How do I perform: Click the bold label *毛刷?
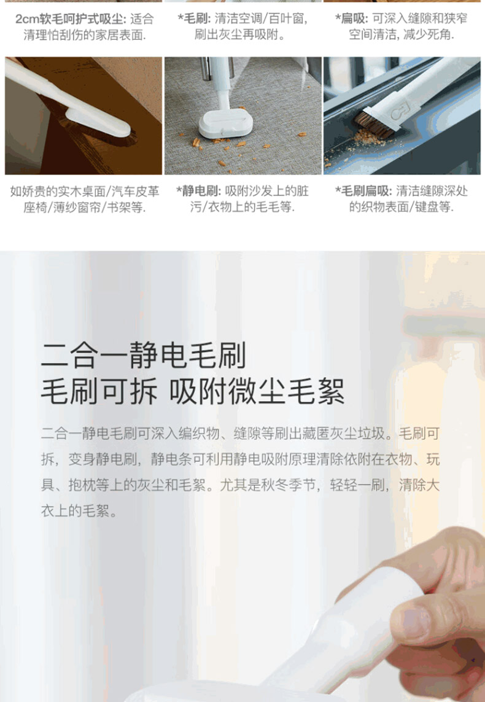click(194, 19)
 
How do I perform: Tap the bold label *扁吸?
click(352, 19)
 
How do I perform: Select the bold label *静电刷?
click(199, 191)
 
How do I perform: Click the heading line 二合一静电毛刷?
click(144, 355)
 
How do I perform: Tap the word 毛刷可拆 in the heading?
click(99, 391)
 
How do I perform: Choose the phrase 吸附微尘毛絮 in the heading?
click(257, 391)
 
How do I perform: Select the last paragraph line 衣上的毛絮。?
click(80, 511)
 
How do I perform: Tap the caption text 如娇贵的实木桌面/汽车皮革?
click(85, 191)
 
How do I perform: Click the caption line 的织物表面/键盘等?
click(402, 207)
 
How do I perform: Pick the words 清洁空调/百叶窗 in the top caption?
click(261, 19)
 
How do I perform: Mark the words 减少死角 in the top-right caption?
click(428, 34)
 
